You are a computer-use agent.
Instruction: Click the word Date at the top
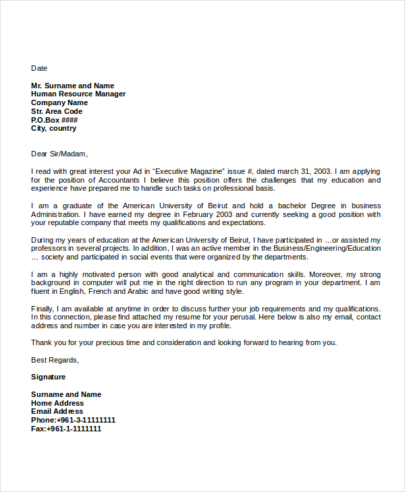(x=39, y=68)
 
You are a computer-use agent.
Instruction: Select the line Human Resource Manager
(x=78, y=94)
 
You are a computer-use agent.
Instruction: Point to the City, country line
(x=53, y=128)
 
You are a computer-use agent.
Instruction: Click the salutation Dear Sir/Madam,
(x=59, y=154)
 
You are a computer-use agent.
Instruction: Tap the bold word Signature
(x=49, y=377)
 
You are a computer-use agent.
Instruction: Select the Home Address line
(x=57, y=403)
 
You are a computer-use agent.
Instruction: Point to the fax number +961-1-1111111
(x=74, y=429)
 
